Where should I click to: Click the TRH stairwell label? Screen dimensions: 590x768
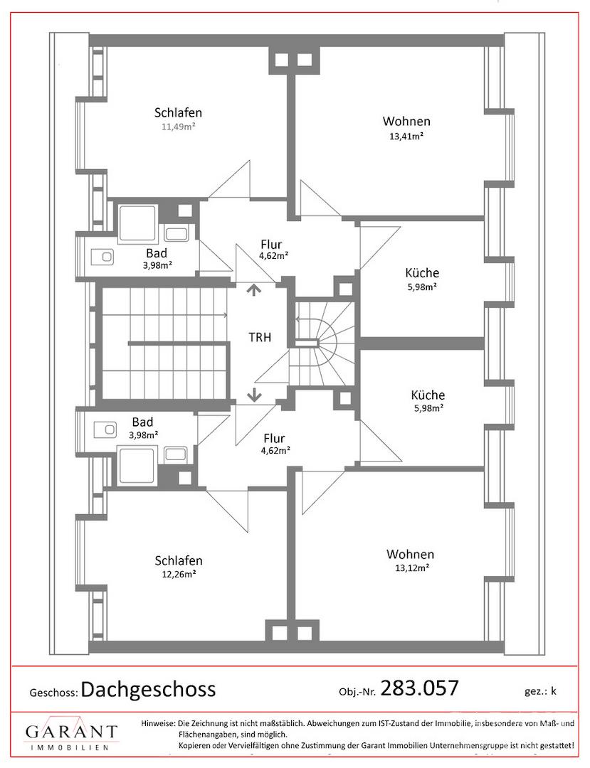[x=260, y=337]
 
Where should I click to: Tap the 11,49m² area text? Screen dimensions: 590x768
[x=179, y=127]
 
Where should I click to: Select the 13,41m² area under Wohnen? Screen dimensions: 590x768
[x=406, y=136]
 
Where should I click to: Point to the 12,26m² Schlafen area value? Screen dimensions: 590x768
[x=179, y=574]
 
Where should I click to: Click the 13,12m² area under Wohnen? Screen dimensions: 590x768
[x=412, y=568]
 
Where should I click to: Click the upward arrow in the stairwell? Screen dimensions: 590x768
[x=253, y=290]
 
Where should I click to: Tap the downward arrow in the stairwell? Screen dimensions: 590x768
[x=254, y=394]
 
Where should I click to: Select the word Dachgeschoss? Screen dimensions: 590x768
[x=148, y=690]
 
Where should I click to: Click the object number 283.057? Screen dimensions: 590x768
[x=419, y=688]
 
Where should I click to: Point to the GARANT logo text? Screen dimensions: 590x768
[x=72, y=732]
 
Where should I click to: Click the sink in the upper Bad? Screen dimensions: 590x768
[x=102, y=256]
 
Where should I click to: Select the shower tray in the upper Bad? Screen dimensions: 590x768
[x=137, y=224]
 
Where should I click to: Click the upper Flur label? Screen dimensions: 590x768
[x=271, y=244]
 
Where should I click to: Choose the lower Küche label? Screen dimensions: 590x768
[x=428, y=395]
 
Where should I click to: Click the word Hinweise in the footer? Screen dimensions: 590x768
[x=158, y=723]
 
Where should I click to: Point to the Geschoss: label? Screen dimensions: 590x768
[x=53, y=693]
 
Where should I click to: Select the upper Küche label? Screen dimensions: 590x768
[x=422, y=273]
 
